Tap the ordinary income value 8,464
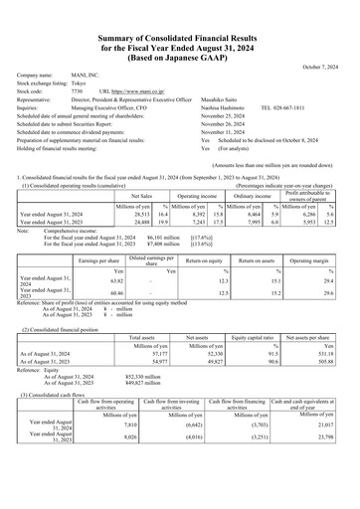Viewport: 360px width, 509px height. pyautogui.click(x=249, y=186)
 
